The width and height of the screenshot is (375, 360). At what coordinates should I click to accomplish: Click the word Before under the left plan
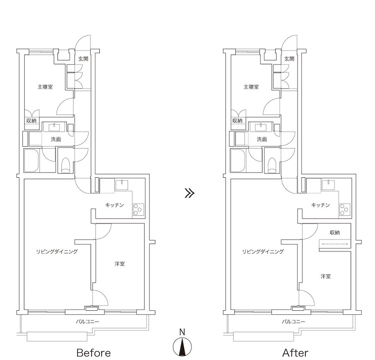tap(94, 353)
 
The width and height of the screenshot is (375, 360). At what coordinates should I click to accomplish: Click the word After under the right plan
tap(295, 353)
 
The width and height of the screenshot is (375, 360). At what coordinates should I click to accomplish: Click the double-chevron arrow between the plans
tap(189, 193)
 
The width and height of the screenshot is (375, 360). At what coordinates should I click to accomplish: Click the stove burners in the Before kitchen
tap(138, 209)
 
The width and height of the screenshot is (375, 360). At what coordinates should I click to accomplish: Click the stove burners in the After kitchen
tap(345, 209)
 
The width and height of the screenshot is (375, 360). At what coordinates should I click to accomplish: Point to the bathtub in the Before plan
tap(31, 160)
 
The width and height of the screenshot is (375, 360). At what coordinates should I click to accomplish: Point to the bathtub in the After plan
tap(238, 160)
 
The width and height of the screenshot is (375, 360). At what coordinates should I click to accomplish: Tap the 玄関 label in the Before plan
tap(83, 58)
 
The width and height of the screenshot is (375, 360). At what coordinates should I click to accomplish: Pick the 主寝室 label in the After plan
tap(251, 87)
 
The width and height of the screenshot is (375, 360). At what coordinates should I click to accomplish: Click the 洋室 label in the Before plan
tap(120, 264)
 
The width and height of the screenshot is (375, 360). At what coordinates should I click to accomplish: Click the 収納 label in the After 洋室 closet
tap(335, 232)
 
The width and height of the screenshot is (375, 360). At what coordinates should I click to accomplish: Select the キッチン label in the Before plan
tap(114, 205)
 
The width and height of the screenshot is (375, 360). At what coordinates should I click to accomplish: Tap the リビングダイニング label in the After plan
tap(263, 252)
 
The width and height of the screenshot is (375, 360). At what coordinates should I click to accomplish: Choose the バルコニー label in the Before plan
tap(87, 322)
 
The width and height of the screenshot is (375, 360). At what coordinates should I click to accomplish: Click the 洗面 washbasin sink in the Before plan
tap(55, 127)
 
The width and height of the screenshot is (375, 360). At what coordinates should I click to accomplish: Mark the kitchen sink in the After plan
tap(328, 185)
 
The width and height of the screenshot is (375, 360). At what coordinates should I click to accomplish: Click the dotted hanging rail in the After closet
tap(335, 244)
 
